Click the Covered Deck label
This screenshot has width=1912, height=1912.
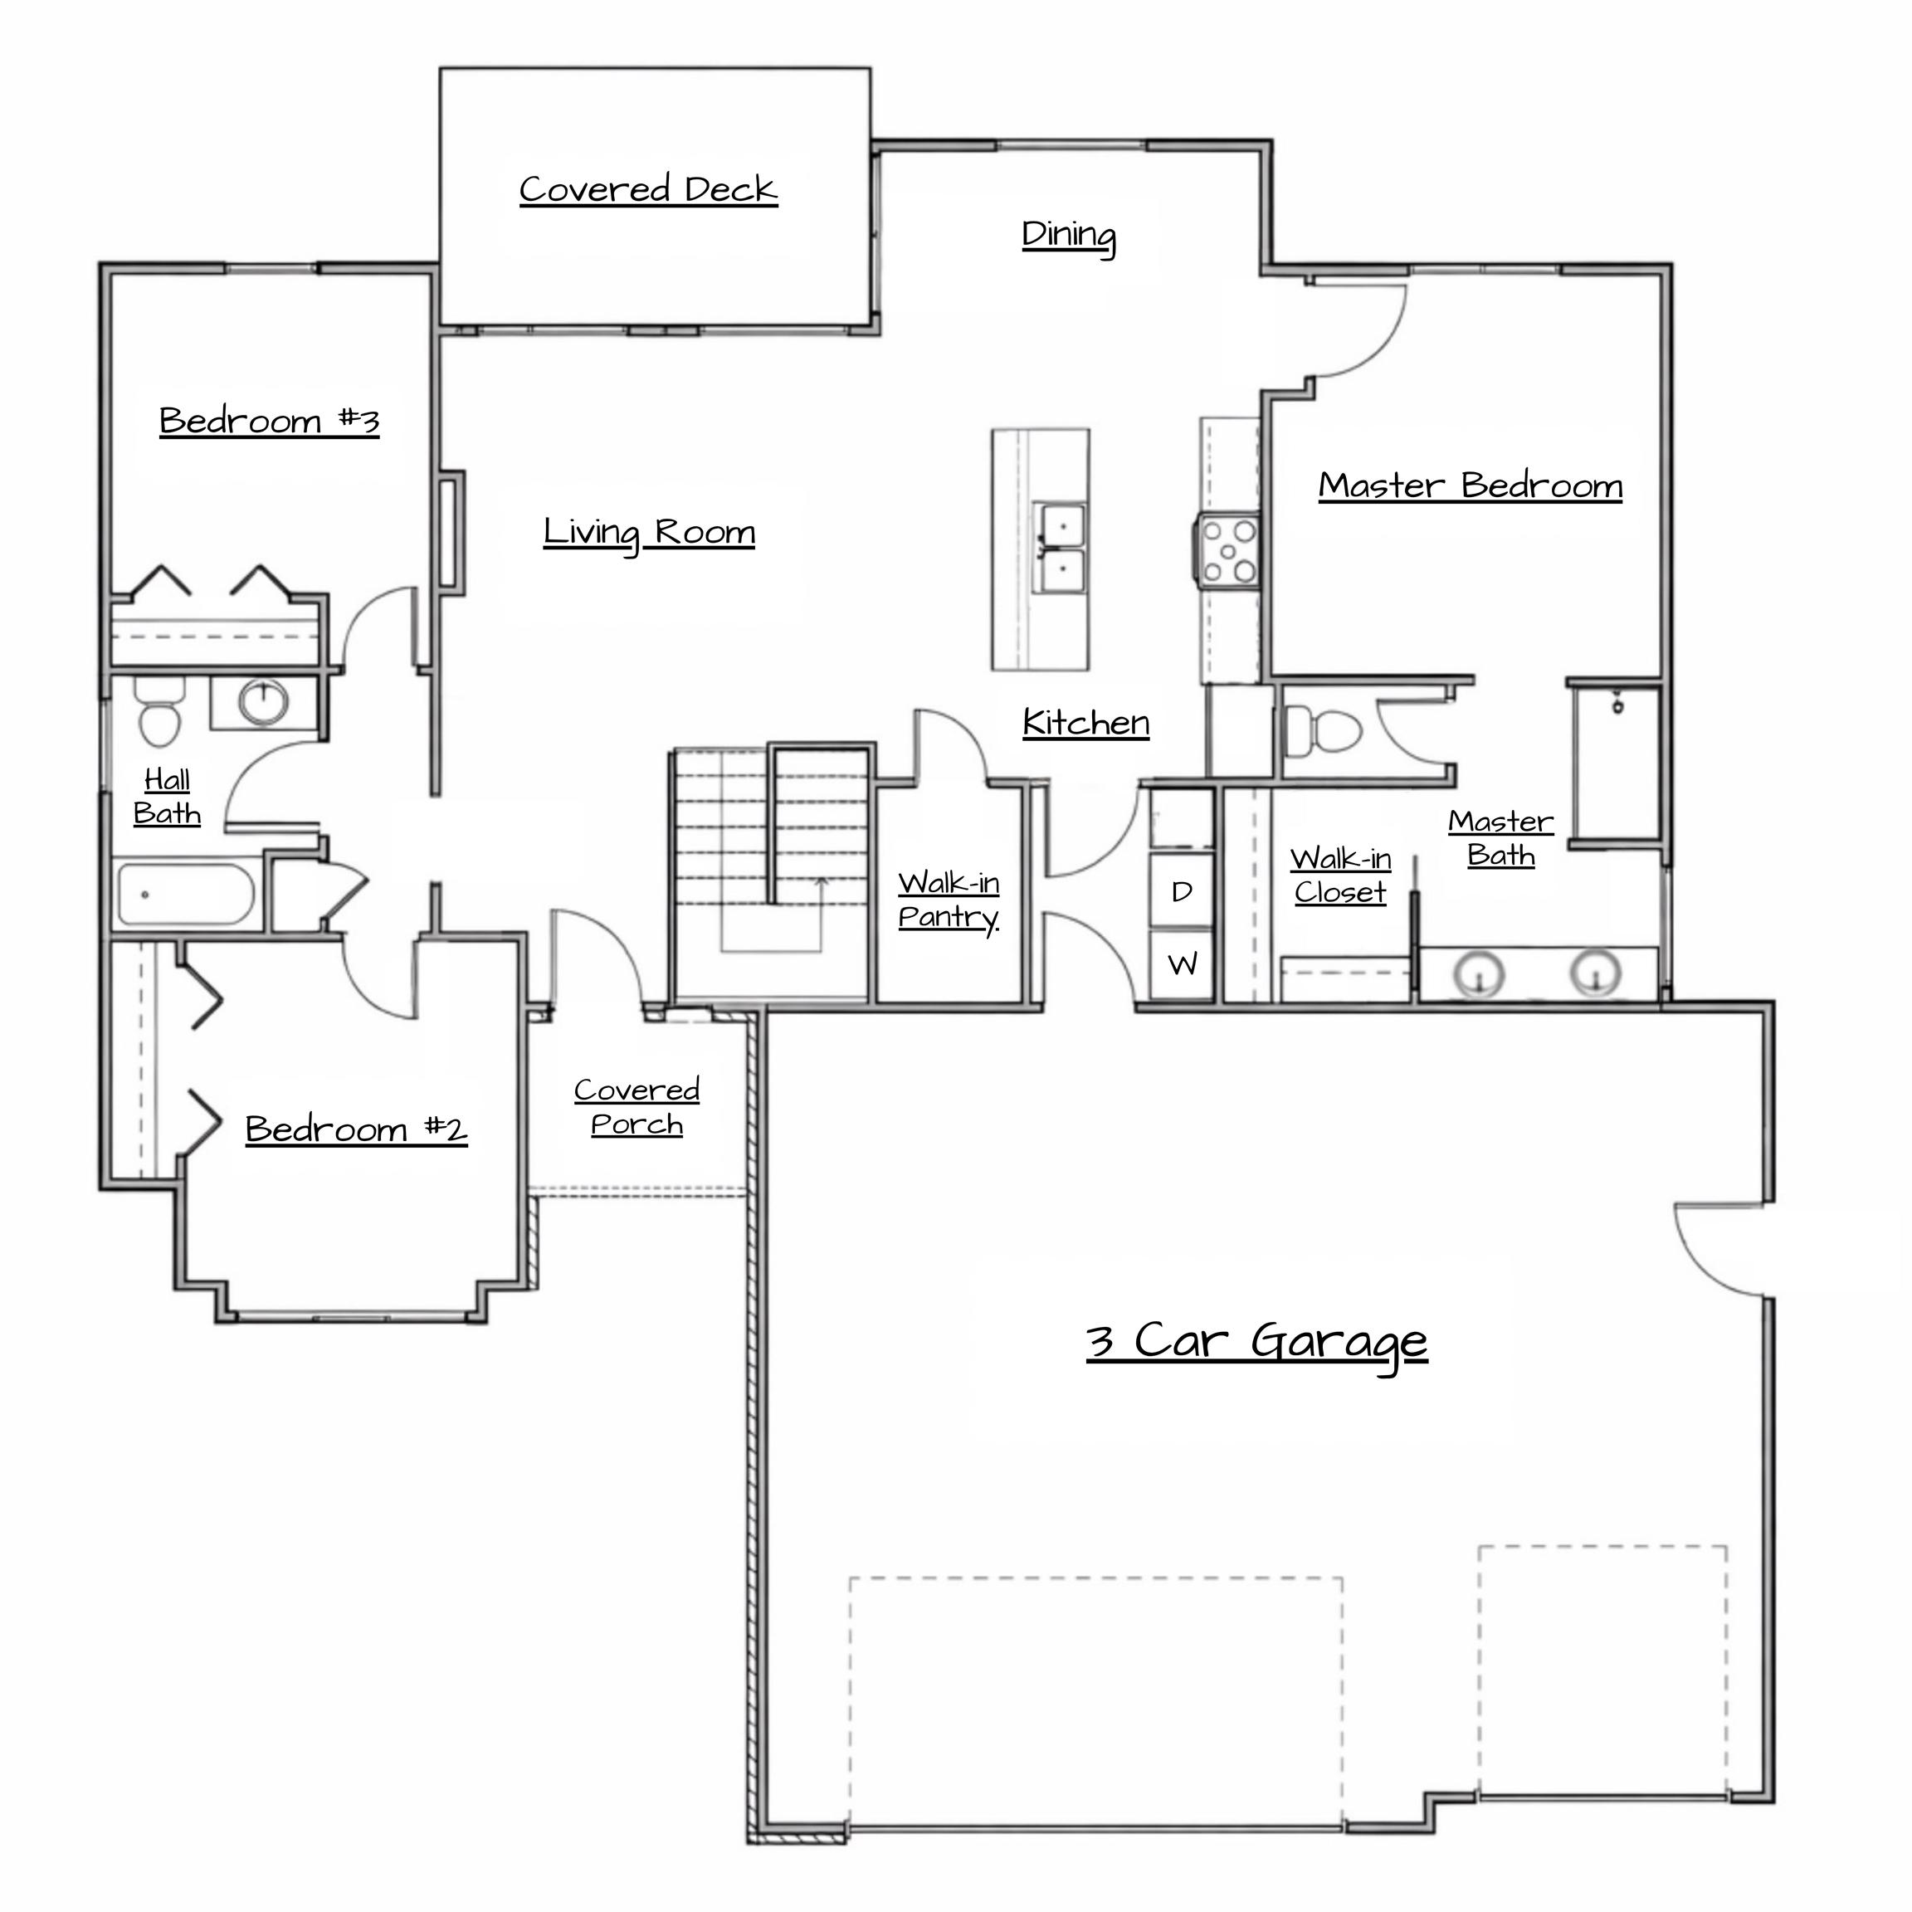tap(648, 189)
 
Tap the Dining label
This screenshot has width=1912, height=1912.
tap(1069, 237)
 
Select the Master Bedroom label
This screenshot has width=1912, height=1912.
tap(1471, 486)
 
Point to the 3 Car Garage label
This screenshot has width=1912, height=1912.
tap(1257, 1343)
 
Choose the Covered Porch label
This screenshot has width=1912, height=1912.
tap(637, 1107)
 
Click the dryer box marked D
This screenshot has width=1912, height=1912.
tap(1182, 891)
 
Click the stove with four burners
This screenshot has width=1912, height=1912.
tap(1227, 550)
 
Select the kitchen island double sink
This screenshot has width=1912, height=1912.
tap(1061, 547)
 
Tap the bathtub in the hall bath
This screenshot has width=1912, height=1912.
tap(187, 895)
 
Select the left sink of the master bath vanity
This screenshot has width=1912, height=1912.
tap(1480, 973)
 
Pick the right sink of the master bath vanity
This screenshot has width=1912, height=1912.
tap(1595, 972)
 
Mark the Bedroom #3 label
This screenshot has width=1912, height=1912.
tap(269, 422)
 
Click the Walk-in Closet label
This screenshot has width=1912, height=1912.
tap(1341, 876)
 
